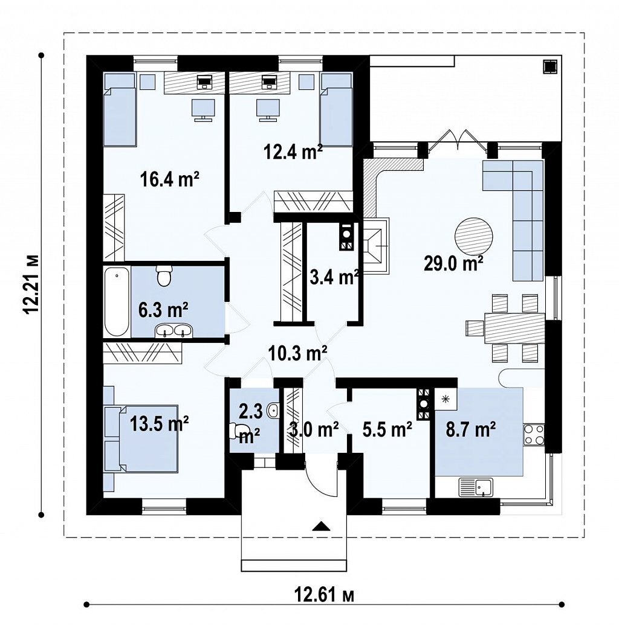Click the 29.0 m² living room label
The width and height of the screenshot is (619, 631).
click(x=454, y=264)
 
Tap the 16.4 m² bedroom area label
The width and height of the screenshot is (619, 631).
click(x=170, y=179)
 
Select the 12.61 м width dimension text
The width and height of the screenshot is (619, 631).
click(x=325, y=595)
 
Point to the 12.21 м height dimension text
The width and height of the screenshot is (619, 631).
click(x=32, y=284)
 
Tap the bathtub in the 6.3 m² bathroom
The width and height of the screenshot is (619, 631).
click(x=117, y=302)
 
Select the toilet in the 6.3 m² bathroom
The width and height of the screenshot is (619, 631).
click(x=164, y=276)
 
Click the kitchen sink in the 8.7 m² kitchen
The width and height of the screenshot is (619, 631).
click(x=476, y=487)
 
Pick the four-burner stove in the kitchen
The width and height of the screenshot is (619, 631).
click(x=534, y=435)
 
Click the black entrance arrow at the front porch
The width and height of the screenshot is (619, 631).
click(x=321, y=527)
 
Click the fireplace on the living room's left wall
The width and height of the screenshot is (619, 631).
click(x=377, y=246)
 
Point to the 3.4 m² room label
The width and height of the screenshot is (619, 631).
click(x=334, y=277)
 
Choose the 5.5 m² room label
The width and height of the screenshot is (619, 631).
click(x=387, y=430)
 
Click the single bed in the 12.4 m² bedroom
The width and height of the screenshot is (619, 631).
click(x=336, y=109)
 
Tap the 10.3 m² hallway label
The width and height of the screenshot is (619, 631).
click(x=297, y=353)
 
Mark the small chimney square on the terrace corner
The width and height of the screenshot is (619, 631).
click(x=549, y=66)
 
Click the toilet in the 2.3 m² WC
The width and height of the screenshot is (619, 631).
click(x=237, y=431)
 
